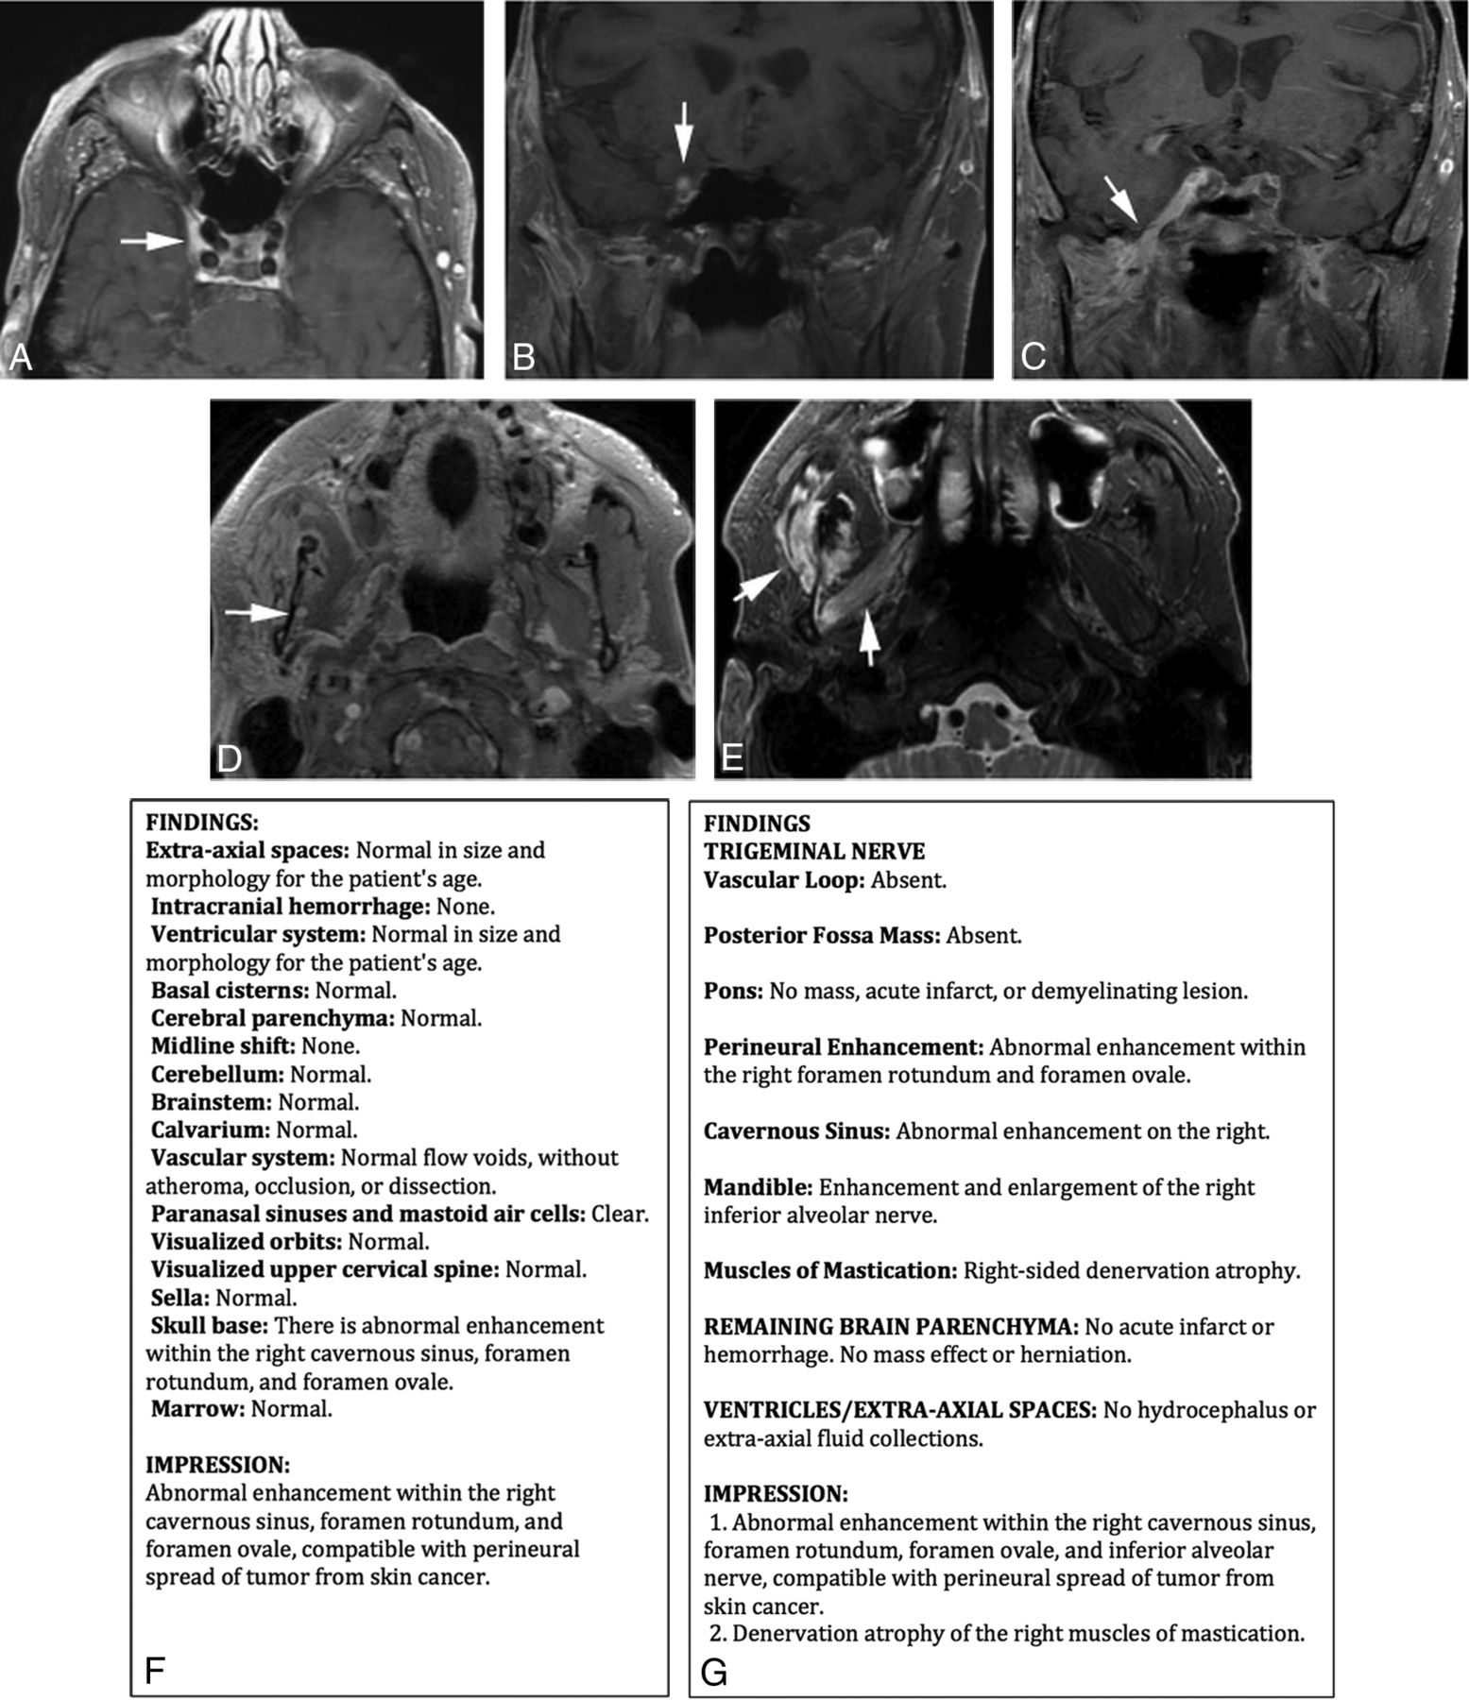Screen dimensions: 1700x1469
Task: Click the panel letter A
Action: click(20, 358)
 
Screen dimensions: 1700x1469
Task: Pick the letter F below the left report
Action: click(156, 1673)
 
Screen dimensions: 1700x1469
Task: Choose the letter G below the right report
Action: click(714, 1673)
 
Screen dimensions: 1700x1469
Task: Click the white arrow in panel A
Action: click(151, 242)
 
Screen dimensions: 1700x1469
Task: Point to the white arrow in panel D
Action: click(256, 613)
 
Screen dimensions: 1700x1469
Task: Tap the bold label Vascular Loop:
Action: click(784, 880)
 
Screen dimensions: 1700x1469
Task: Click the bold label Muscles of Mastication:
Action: click(829, 1270)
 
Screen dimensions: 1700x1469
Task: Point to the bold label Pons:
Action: click(732, 991)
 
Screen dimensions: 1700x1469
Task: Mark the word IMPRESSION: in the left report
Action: click(217, 1465)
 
